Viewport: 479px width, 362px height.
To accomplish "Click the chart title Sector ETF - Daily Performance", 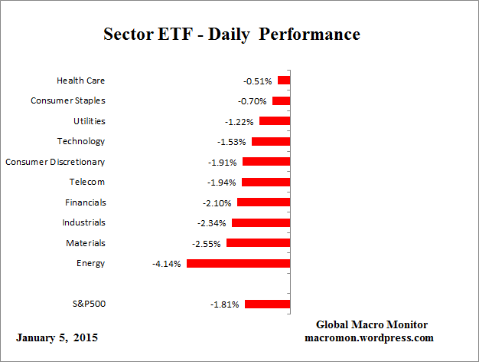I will [231, 35].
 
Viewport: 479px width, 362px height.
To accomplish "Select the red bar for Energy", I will [238, 263].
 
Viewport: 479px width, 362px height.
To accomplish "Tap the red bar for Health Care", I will [284, 81].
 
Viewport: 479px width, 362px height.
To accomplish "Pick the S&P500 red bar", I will [267, 304].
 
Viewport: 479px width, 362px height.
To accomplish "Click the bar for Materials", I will [258, 243].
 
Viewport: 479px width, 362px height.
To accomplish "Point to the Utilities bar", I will [275, 121].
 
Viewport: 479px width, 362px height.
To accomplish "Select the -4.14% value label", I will [167, 264].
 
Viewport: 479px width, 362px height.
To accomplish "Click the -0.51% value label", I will [258, 81].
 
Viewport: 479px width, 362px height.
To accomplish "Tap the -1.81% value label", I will [225, 304].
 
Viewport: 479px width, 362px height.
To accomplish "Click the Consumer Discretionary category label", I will [55, 162].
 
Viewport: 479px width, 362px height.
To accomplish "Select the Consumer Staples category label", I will [68, 100].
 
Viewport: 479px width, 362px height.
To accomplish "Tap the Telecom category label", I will [86, 182].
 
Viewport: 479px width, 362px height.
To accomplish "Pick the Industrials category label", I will [84, 222].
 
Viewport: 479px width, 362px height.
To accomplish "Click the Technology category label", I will [81, 141].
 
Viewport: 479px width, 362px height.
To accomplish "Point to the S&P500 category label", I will [88, 304].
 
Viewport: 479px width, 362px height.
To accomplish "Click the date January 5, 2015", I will [57, 337].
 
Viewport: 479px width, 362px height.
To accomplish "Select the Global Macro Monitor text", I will [372, 324].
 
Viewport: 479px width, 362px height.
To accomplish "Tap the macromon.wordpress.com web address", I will [370, 337].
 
